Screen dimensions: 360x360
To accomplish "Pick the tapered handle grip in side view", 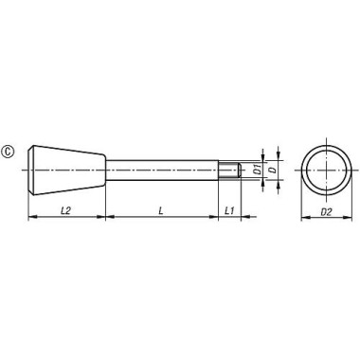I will tap(66, 171).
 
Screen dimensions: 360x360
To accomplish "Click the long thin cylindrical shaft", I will tap(161, 171).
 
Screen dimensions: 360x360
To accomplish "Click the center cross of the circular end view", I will tap(325, 171).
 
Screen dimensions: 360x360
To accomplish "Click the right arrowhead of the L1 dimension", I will tap(238, 217).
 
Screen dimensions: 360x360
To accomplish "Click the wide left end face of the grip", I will tap(30, 171).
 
